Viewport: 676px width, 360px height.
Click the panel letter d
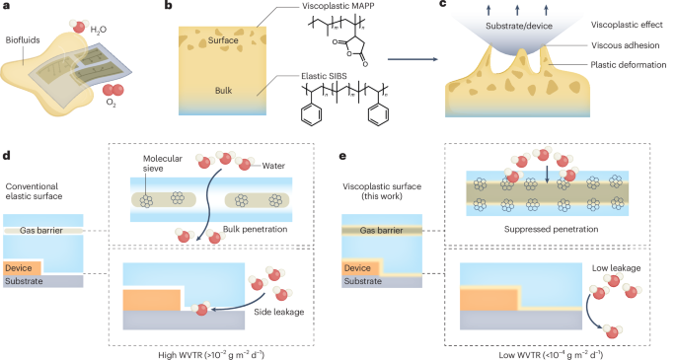point(7,156)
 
